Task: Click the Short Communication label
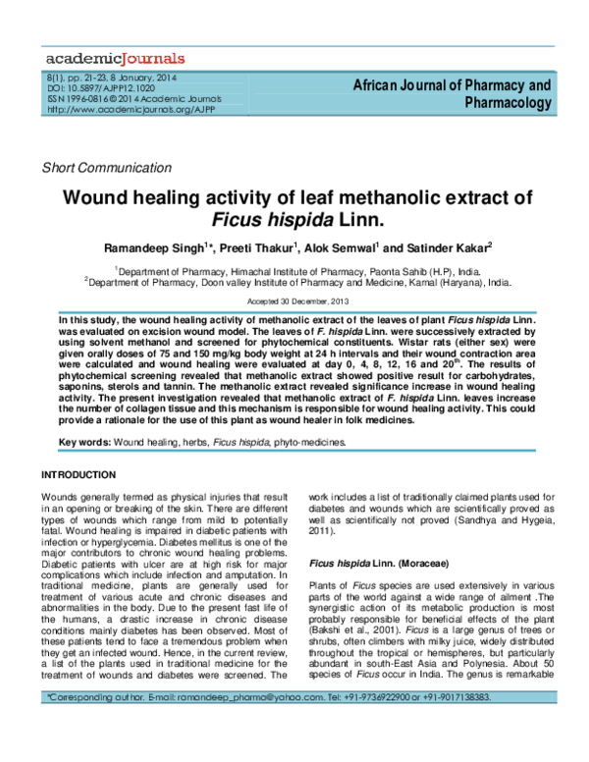click(x=97, y=167)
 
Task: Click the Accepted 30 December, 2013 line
click(x=294, y=299)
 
